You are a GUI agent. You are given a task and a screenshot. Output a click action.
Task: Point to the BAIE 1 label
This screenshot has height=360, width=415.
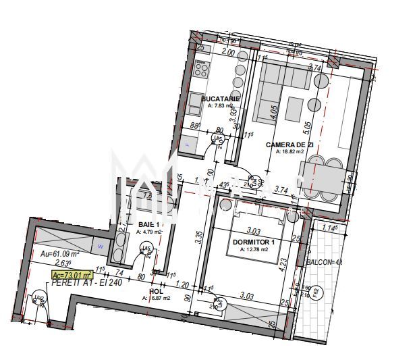pyautogui.click(x=148, y=225)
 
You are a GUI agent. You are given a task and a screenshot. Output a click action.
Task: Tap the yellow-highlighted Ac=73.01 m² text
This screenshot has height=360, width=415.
pyautogui.click(x=72, y=274)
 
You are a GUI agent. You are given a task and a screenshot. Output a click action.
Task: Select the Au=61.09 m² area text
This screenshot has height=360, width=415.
pyautogui.click(x=60, y=253)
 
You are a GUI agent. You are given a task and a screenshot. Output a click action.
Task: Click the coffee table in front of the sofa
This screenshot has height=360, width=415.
pyautogui.click(x=294, y=107)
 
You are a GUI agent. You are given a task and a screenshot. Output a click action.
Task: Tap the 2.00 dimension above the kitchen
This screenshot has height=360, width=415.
pyautogui.click(x=228, y=53)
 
